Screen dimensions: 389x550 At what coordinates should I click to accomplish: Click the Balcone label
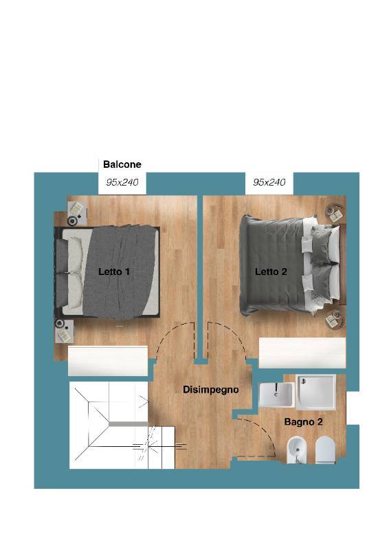coord(122,164)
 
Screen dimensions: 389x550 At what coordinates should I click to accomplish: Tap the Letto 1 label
coord(114,272)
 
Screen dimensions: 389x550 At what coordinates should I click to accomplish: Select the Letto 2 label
coord(271,272)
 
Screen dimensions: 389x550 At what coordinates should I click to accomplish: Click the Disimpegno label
coord(211,390)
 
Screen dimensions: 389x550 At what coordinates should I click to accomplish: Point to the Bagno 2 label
coord(303,421)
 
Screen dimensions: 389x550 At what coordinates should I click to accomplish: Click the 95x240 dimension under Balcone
coord(122,182)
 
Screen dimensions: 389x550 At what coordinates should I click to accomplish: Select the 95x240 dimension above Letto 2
coord(269,182)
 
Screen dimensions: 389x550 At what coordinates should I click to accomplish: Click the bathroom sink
coord(276,394)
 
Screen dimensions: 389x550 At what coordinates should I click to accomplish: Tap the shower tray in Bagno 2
coord(315,392)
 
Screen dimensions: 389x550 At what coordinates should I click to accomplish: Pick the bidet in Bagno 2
coord(297,450)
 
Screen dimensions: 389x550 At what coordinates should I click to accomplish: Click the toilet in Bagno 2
coord(325,450)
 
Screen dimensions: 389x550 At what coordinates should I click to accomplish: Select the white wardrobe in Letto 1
coord(108,361)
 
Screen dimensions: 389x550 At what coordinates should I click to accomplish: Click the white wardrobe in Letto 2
coord(302,353)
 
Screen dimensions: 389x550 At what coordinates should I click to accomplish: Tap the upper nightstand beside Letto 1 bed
coord(77,213)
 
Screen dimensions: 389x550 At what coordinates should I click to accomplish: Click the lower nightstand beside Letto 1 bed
coord(64,331)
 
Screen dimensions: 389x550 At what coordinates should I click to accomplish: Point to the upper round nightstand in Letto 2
coord(335,213)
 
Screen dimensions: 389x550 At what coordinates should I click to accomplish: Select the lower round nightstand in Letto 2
coord(335,320)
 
